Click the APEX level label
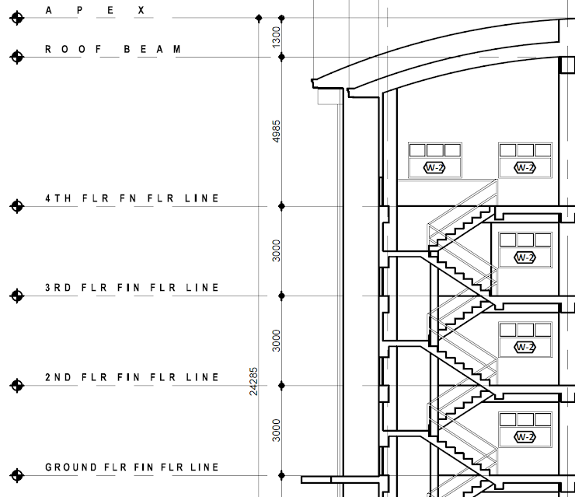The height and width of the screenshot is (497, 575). pyautogui.click(x=96, y=11)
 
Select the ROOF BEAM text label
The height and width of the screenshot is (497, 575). pyautogui.click(x=113, y=49)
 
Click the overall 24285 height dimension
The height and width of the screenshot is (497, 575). pyautogui.click(x=253, y=382)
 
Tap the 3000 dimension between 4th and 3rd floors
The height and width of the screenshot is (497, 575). pyautogui.click(x=277, y=250)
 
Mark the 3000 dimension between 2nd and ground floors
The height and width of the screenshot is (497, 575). pyautogui.click(x=277, y=429)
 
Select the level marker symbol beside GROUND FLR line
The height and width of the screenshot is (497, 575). pyautogui.click(x=16, y=474)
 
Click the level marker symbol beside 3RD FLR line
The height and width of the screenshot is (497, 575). pyautogui.click(x=16, y=296)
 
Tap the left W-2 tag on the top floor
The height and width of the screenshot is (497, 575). pyautogui.click(x=435, y=167)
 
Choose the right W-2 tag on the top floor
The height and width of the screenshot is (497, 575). pyautogui.click(x=525, y=167)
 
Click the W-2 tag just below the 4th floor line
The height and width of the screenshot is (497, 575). pyautogui.click(x=525, y=257)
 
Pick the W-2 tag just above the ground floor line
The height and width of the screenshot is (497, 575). pyautogui.click(x=525, y=436)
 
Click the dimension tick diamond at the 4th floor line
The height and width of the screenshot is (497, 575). pyautogui.click(x=282, y=206)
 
